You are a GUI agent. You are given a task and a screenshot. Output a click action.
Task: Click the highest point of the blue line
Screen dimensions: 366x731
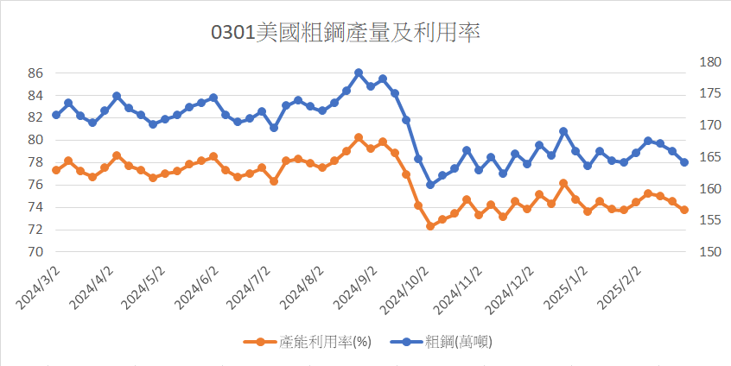point(359,73)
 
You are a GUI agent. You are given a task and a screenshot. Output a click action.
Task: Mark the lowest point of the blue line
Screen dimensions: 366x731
point(430,185)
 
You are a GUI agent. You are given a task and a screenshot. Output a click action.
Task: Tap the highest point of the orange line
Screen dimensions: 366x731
point(359,137)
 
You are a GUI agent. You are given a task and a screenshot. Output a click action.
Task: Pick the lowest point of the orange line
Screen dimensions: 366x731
point(430,226)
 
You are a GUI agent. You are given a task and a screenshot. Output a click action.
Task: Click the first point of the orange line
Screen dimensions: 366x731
point(56,170)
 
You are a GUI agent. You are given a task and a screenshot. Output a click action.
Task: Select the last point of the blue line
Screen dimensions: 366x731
point(684,162)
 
